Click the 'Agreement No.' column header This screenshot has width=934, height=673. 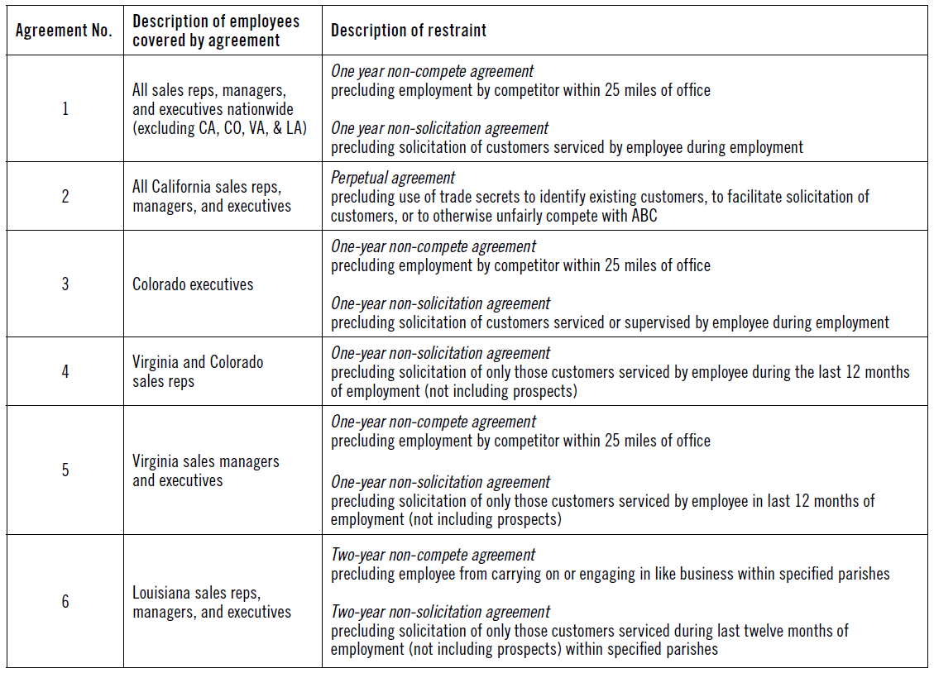point(64,31)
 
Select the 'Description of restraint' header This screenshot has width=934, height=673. point(409,31)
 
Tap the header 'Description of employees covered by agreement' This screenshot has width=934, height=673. point(216,31)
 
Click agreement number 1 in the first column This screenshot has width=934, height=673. point(65,108)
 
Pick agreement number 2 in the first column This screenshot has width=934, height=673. point(65,196)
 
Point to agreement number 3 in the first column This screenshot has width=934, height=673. point(65,284)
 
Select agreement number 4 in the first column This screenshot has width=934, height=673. point(65,371)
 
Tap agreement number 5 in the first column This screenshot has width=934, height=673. point(65,470)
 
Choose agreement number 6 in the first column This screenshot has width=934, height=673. point(65,601)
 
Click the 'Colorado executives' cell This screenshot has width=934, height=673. point(193,284)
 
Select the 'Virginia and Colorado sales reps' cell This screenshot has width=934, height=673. point(198,371)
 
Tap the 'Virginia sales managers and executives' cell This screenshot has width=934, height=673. point(206,470)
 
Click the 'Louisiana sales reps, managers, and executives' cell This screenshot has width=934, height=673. point(212,602)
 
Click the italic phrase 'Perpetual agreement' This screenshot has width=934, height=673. point(393,178)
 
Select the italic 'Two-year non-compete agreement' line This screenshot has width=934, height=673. point(433,555)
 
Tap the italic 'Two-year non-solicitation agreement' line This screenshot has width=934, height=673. point(440,612)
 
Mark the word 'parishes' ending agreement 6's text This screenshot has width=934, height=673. point(690,650)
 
